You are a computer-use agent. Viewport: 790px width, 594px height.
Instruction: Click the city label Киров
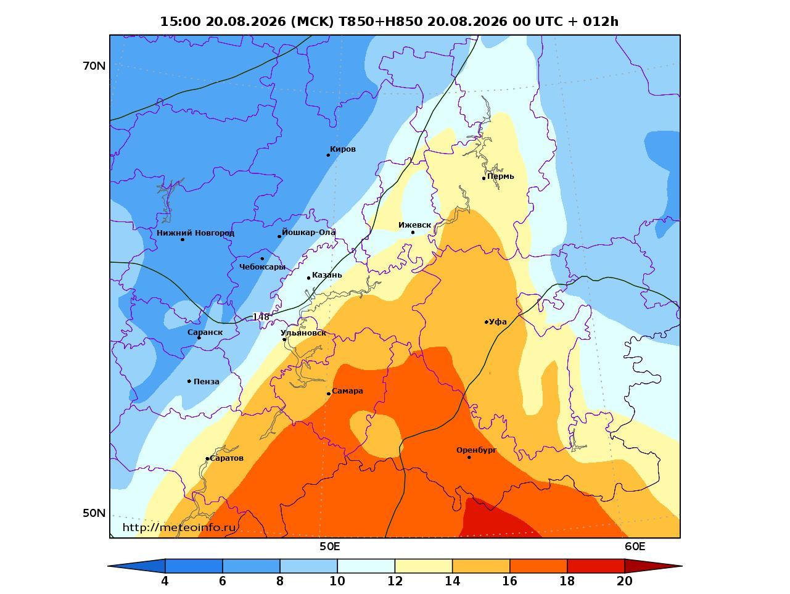pyautogui.click(x=342, y=149)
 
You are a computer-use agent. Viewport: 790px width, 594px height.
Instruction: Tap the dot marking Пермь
pyautogui.click(x=483, y=178)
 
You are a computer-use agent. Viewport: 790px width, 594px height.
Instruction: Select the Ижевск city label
pyautogui.click(x=414, y=225)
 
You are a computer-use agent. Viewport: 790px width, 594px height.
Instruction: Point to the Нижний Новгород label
pyautogui.click(x=195, y=233)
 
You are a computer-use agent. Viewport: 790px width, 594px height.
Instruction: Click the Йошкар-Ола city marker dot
pyautogui.click(x=279, y=236)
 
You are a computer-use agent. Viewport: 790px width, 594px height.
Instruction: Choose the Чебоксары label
pyautogui.click(x=262, y=266)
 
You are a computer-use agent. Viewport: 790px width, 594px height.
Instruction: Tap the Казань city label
pyautogui.click(x=327, y=274)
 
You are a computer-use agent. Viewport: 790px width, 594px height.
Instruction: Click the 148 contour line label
pyautogui.click(x=261, y=317)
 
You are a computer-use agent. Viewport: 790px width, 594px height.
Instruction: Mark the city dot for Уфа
pyautogui.click(x=486, y=322)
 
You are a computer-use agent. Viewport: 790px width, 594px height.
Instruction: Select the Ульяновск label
pyautogui.click(x=303, y=332)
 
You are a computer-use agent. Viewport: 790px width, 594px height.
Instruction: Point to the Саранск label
pyautogui.click(x=205, y=332)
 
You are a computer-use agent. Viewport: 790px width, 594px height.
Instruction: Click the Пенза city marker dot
pyautogui.click(x=189, y=381)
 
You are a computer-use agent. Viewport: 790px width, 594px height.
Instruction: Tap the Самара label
pyautogui.click(x=347, y=390)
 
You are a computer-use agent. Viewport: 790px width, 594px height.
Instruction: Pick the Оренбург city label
pyautogui.click(x=476, y=450)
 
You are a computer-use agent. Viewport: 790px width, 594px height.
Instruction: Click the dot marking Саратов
pyautogui.click(x=207, y=459)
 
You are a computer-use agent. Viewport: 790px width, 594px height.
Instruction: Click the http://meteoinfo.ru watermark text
pyautogui.click(x=179, y=527)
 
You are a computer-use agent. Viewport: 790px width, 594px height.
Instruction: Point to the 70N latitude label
pyautogui.click(x=94, y=66)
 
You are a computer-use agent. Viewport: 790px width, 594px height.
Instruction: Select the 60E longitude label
pyautogui.click(x=635, y=547)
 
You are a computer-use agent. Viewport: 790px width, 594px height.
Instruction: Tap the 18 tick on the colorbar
pyautogui.click(x=567, y=580)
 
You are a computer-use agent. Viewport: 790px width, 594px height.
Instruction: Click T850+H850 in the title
pyautogui.click(x=381, y=22)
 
